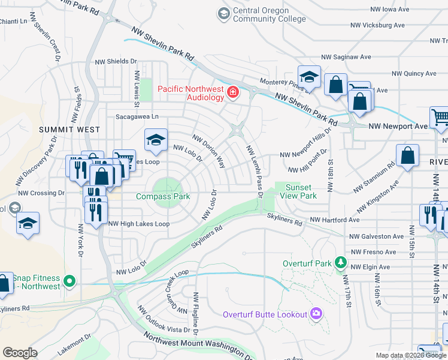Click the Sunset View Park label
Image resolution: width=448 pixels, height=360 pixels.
coord(300,191)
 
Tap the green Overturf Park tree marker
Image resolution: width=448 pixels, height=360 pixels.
coord(341,262)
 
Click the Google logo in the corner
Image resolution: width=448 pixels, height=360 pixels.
coord(19,352)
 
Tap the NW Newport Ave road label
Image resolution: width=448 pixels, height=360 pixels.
coord(398,126)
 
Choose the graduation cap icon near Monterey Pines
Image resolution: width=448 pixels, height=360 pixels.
coord(309,77)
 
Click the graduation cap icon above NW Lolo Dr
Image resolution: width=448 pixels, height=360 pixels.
coord(156,140)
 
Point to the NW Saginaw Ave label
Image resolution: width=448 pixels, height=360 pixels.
coord(344,56)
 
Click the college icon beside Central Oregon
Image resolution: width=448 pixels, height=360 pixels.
coord(223,13)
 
